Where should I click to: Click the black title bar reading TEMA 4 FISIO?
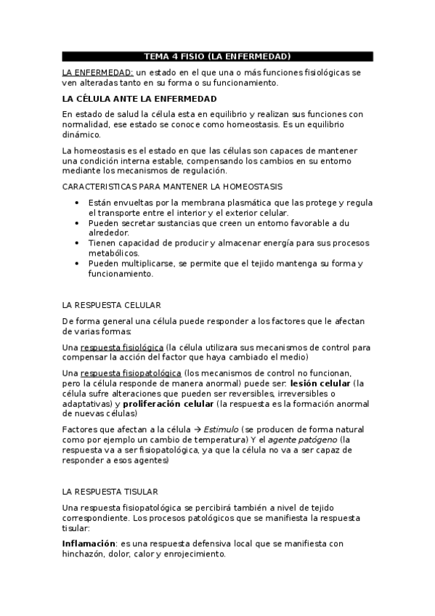click(x=217, y=56)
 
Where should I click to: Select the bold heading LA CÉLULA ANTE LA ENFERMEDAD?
click(x=139, y=98)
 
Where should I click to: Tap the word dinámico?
click(x=82, y=134)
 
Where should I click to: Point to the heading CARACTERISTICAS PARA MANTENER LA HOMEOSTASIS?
click(x=173, y=187)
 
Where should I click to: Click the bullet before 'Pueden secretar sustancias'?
click(x=78, y=223)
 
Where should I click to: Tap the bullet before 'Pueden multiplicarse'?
click(x=78, y=264)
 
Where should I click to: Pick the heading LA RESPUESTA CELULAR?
click(x=112, y=305)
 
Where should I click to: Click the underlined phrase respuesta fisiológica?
click(x=121, y=347)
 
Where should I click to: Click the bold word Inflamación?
click(x=89, y=543)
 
